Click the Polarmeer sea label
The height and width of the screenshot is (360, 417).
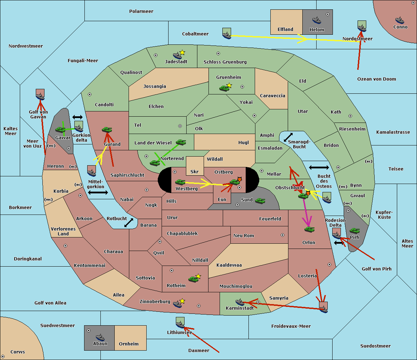(x=141, y=11)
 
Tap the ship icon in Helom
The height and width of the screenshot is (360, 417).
(x=317, y=20)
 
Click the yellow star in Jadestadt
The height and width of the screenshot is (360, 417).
(x=182, y=52)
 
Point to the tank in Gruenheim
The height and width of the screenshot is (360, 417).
(x=224, y=88)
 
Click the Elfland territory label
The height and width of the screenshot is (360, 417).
(x=285, y=30)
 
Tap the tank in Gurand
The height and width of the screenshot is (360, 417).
(x=107, y=130)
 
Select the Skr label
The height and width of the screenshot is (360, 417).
(x=195, y=171)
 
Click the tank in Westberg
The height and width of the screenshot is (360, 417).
(x=180, y=182)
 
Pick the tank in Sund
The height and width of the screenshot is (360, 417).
(x=260, y=201)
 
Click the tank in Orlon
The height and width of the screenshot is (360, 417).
(x=309, y=229)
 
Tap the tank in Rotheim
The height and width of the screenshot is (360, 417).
(x=193, y=279)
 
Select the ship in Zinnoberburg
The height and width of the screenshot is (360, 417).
(x=178, y=304)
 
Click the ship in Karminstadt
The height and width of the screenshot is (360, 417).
(x=240, y=302)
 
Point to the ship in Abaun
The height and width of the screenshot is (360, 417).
(x=100, y=337)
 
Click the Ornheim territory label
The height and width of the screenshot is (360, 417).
(x=129, y=344)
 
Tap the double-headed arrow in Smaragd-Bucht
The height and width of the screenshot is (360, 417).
(x=288, y=137)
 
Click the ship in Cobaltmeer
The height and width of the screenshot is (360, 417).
(x=227, y=34)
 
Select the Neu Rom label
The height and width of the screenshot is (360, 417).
(x=244, y=236)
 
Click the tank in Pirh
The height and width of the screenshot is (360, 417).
(x=354, y=231)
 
